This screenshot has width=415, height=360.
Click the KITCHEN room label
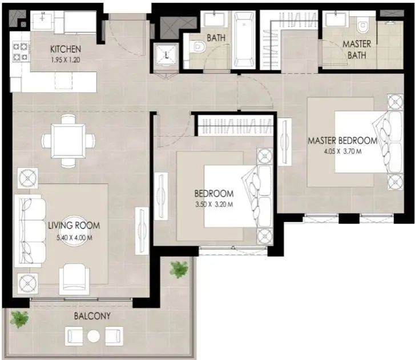click(66, 49)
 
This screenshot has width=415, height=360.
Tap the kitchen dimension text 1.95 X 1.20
click(66, 60)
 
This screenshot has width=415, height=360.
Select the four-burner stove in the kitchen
click(21, 51)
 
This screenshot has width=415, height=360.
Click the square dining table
click(69, 141)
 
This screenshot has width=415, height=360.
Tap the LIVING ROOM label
click(74, 226)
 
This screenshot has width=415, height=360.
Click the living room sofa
click(30, 231)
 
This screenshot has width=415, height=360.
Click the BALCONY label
click(92, 316)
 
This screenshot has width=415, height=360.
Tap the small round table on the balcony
click(94, 336)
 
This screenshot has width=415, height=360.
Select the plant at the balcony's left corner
click(19, 319)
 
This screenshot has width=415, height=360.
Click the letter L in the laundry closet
click(167, 55)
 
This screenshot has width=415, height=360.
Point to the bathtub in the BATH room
click(244, 40)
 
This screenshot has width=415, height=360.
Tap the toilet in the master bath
click(362, 26)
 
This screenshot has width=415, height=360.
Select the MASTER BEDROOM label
click(343, 141)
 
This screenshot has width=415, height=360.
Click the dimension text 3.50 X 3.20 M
click(214, 205)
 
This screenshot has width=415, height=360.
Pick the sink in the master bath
click(336, 19)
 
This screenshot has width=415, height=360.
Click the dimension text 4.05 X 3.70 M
click(343, 151)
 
